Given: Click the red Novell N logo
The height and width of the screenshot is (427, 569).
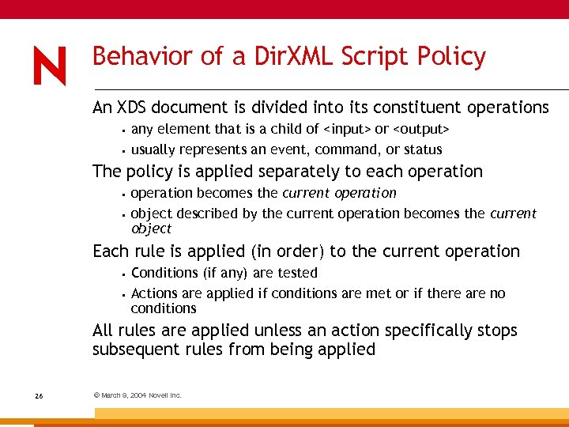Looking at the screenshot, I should pos(49,66).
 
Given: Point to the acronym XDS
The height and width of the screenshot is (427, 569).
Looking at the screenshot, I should pos(131,107).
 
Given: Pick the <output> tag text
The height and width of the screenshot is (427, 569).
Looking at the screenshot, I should pos(421,129).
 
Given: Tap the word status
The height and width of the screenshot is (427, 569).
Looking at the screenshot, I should pos(424,149).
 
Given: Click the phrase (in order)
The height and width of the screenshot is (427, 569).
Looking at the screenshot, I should pos(285,251).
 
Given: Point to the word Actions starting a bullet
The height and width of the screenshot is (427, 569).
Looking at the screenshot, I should pos(154,293).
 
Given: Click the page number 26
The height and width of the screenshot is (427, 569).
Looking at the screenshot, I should pos(39,395).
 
